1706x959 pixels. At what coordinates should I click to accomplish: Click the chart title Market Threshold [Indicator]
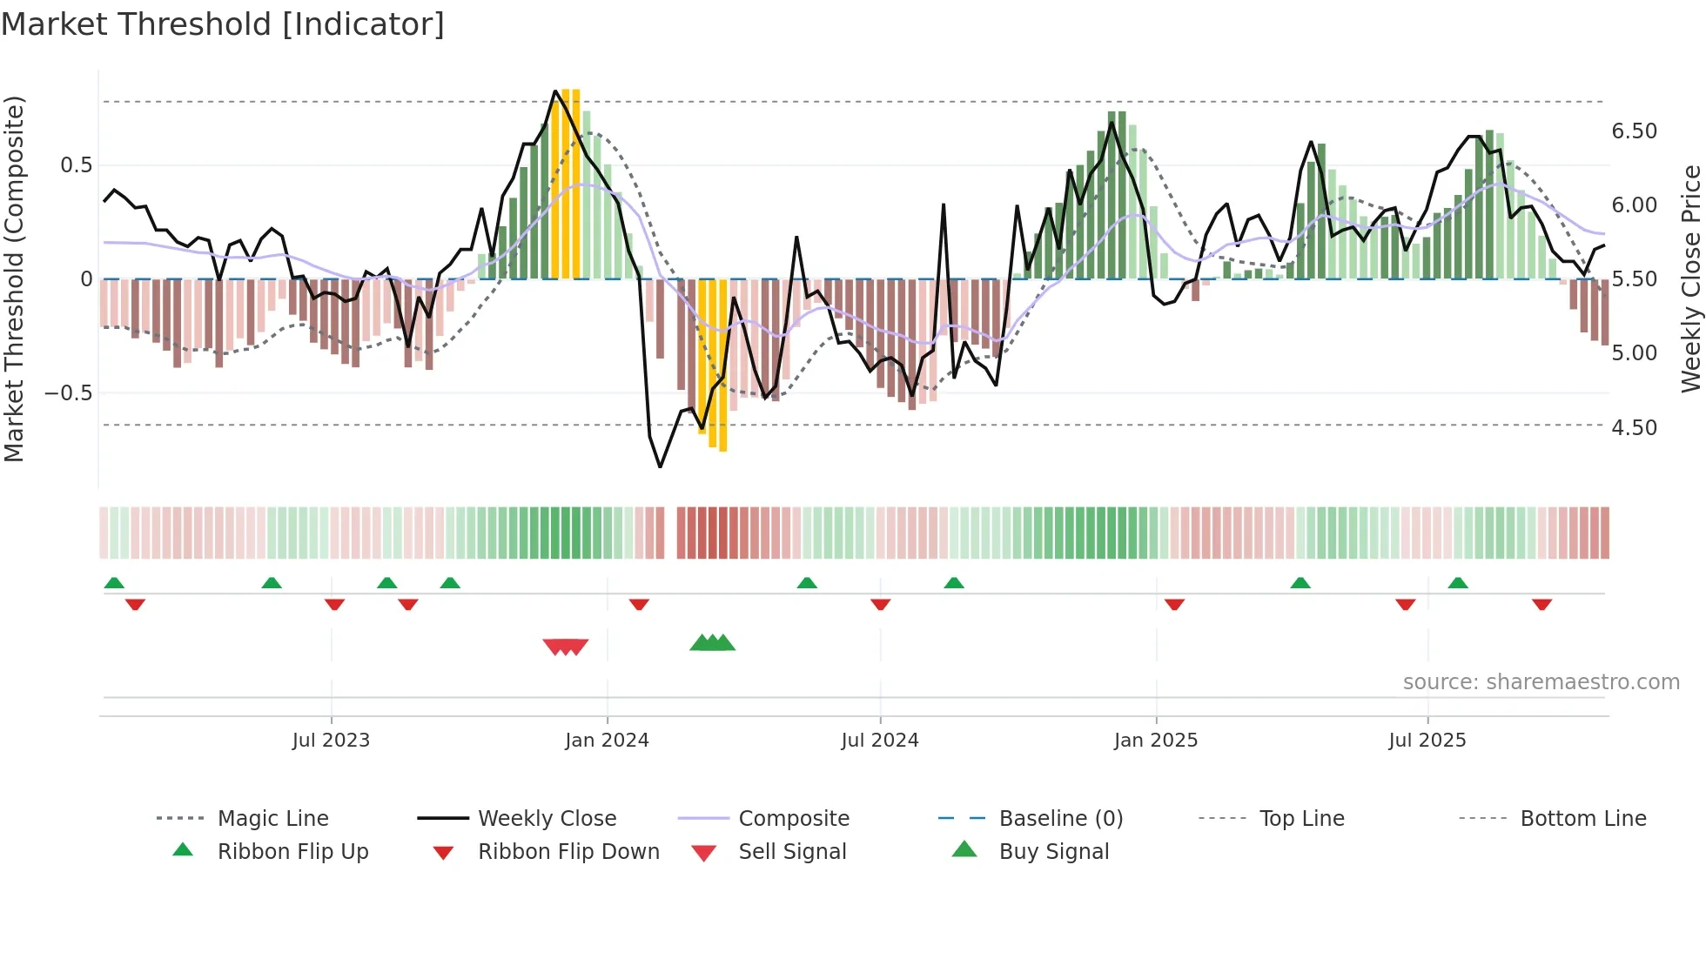[x=223, y=24]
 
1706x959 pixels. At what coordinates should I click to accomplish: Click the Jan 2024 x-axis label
[x=607, y=740]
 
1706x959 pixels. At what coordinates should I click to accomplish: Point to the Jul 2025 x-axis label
[x=1427, y=740]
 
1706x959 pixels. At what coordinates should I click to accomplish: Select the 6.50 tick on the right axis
[x=1634, y=131]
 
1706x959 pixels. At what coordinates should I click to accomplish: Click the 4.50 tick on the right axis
[x=1634, y=427]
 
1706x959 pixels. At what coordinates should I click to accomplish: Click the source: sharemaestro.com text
[x=1541, y=681]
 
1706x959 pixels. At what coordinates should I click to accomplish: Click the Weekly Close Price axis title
[x=1690, y=278]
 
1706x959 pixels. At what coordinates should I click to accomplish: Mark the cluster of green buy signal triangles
[x=713, y=643]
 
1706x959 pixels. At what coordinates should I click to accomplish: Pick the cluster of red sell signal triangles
[x=566, y=647]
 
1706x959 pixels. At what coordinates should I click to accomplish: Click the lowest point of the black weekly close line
[x=660, y=467]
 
